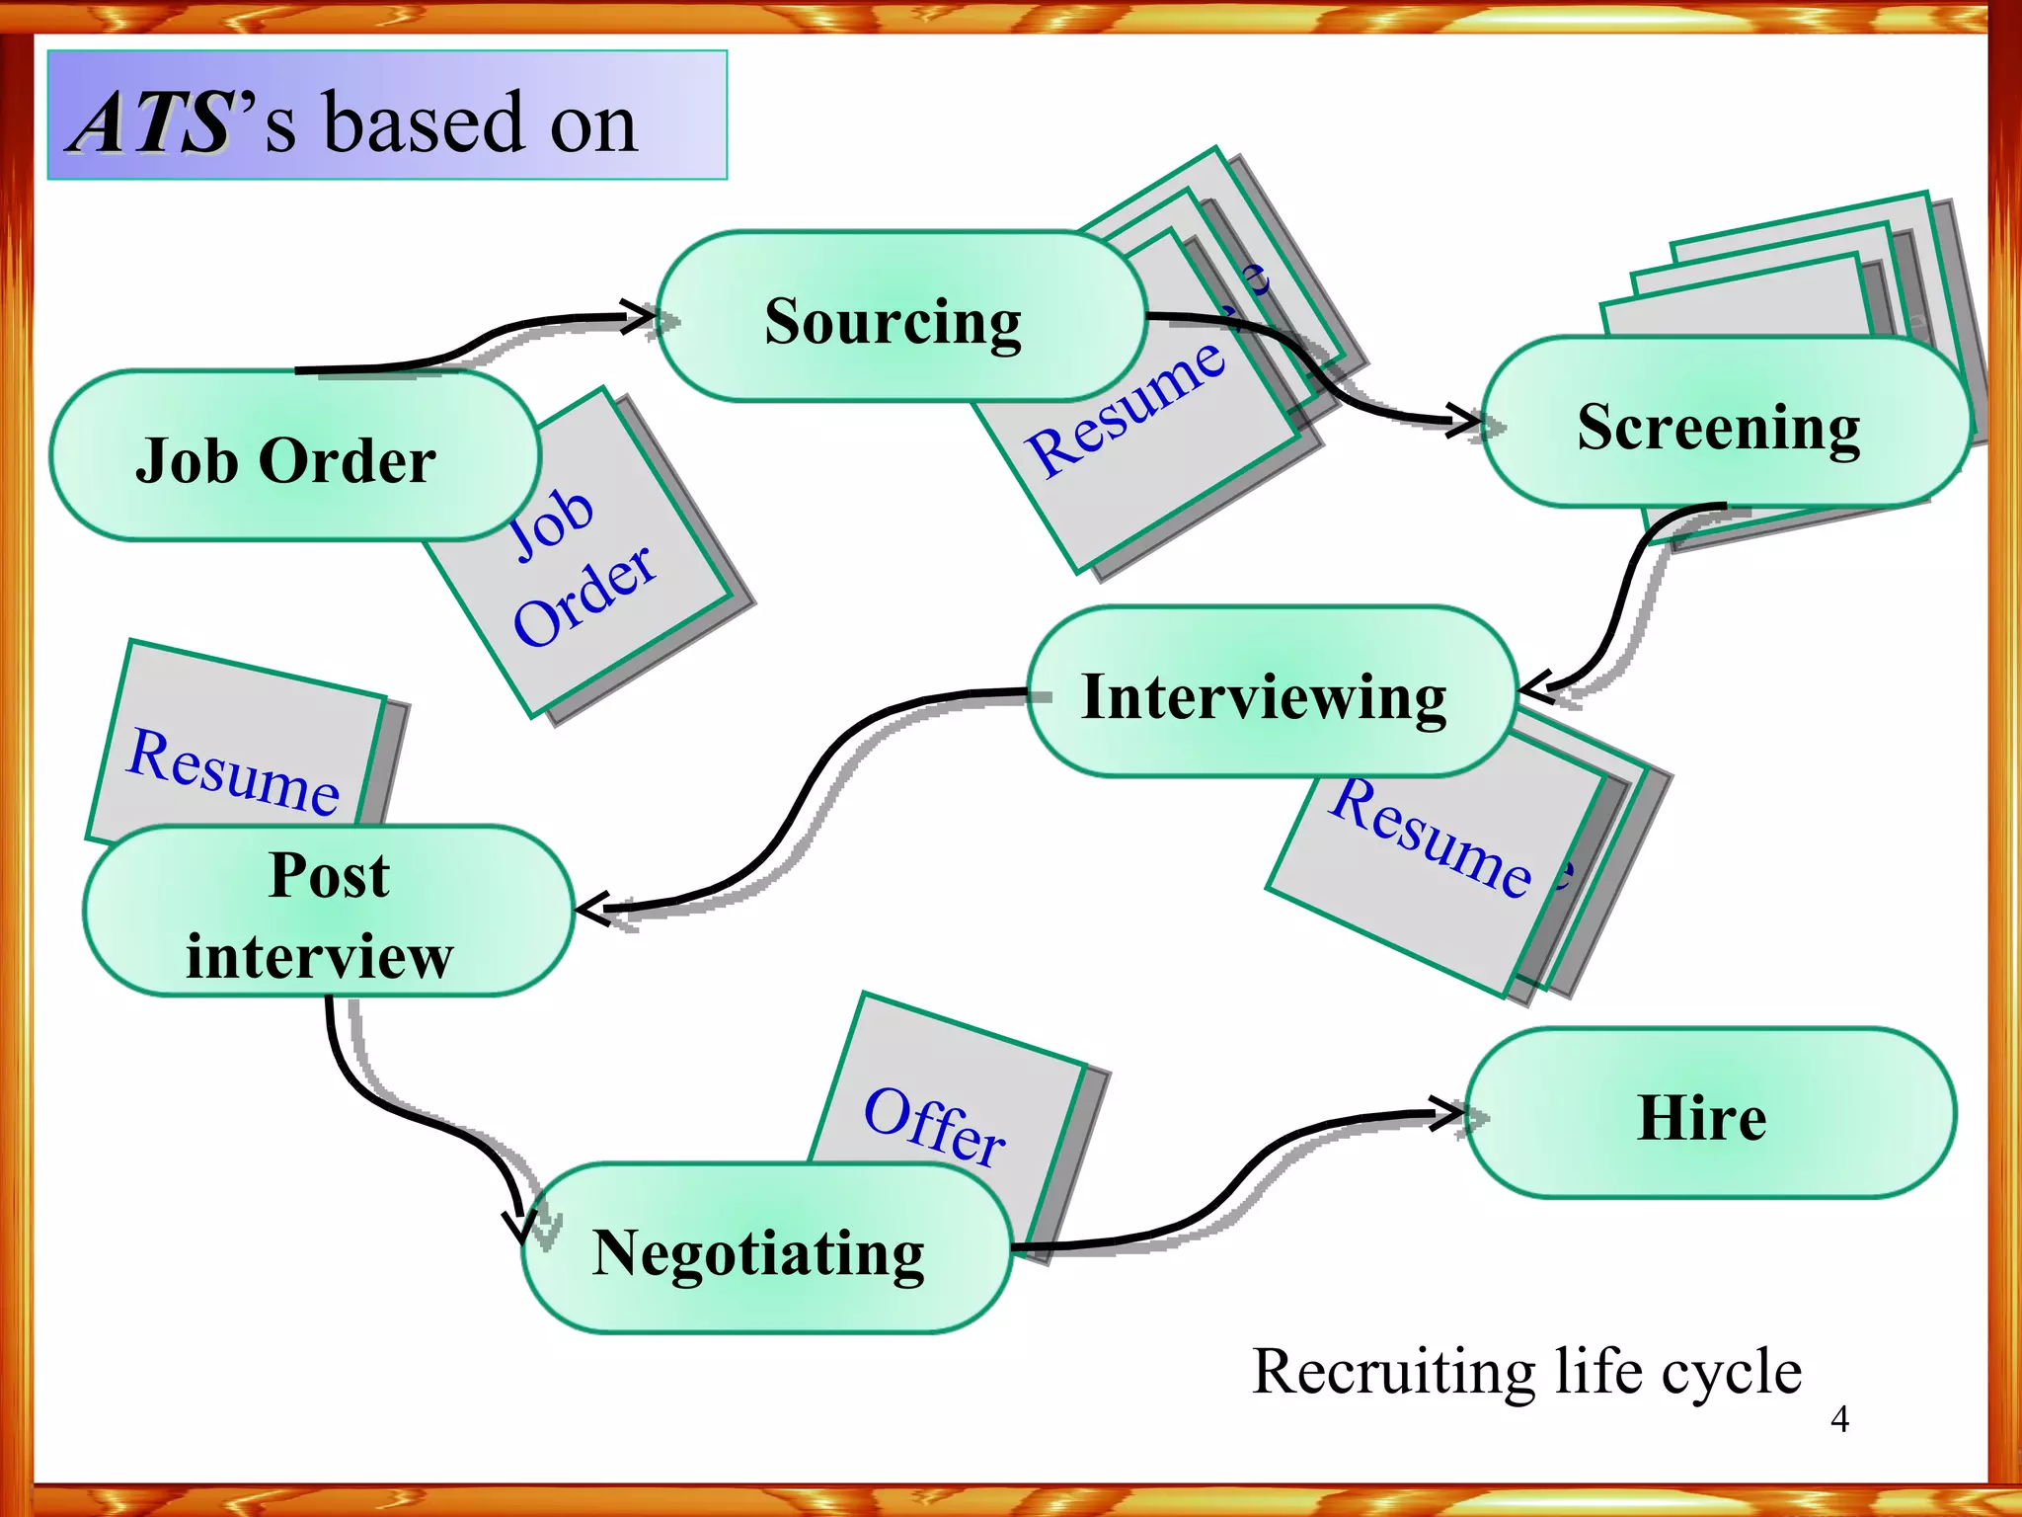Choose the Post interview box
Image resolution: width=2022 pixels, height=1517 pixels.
click(328, 913)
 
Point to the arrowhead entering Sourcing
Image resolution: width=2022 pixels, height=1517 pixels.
click(643, 317)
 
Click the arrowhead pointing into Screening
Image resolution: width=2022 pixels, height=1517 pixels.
click(1468, 420)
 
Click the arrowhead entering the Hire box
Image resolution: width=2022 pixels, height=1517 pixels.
click(1452, 1114)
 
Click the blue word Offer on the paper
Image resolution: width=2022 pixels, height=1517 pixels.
click(934, 1127)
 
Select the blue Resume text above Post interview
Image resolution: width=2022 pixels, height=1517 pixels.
click(234, 771)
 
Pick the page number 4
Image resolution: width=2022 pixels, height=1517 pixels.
click(1839, 1419)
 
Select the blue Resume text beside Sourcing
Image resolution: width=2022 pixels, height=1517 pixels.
click(1126, 408)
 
